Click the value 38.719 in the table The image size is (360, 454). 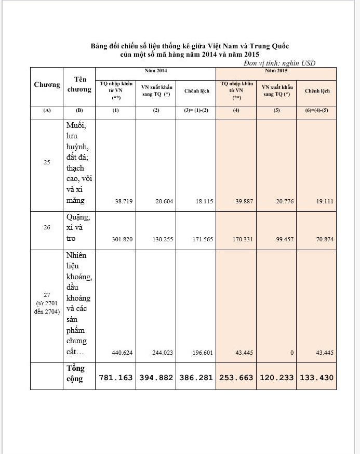coord(123,201)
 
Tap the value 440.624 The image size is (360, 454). coord(123,353)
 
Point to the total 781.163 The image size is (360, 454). coord(116,378)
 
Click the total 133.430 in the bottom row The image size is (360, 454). coord(316,378)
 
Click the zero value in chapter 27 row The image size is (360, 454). coord(292,353)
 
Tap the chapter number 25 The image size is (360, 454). coord(47,163)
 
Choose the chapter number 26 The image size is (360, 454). coord(47,227)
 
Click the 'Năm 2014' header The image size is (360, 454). coord(155,70)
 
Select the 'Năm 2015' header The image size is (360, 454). coord(276,70)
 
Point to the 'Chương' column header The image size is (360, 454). coord(47,85)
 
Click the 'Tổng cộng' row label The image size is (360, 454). coord(75,373)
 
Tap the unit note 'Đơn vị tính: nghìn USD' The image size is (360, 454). coord(279,63)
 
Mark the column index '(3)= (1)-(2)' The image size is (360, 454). coord(196,111)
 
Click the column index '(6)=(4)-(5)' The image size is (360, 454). coord(317,111)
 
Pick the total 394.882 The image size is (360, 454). coord(156,378)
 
